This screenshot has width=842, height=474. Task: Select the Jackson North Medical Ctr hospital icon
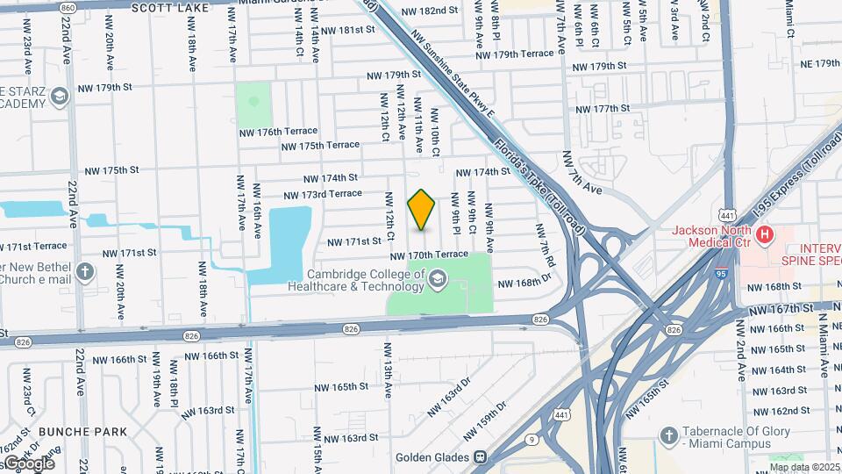coord(765,234)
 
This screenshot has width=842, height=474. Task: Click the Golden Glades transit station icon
coord(479,457)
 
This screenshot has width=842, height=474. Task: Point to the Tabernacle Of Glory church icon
coord(668,436)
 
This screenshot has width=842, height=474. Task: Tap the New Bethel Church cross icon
coord(84,271)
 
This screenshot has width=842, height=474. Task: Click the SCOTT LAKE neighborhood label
coord(170,8)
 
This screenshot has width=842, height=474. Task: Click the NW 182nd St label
coord(430,11)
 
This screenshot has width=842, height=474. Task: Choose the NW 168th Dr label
coord(524,283)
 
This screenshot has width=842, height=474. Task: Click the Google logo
coord(28,463)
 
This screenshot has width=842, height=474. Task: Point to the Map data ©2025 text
coord(804,467)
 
